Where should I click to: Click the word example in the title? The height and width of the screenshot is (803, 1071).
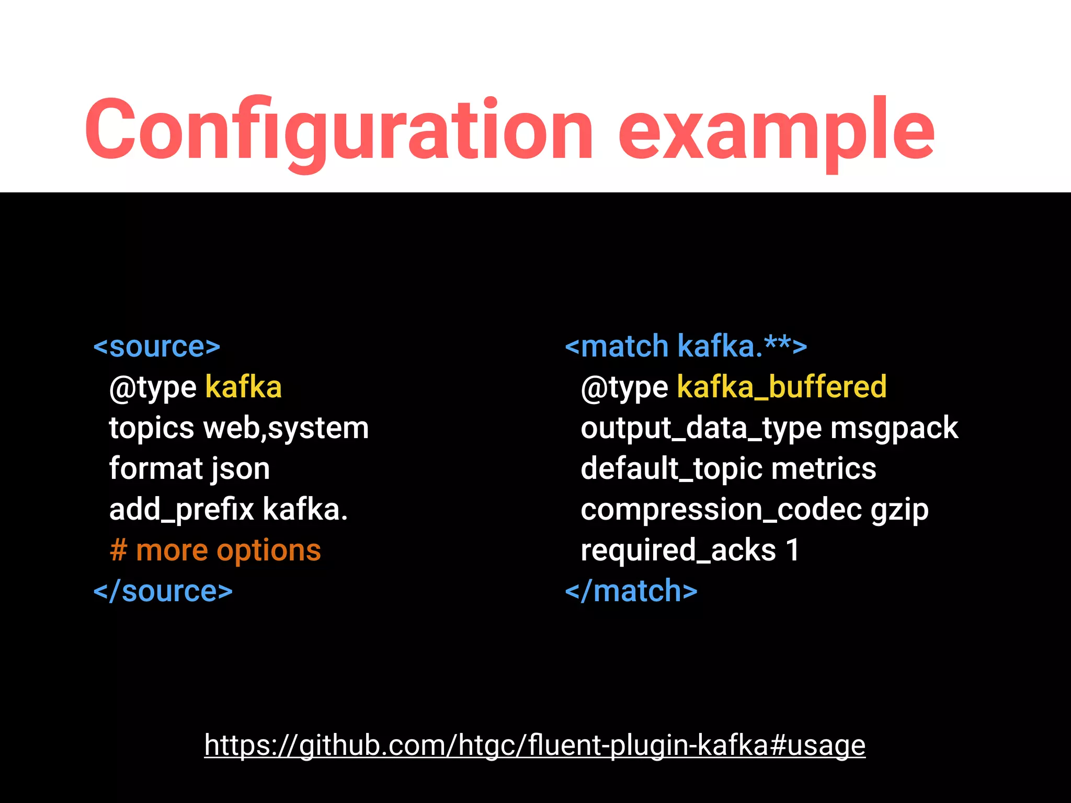pos(776,131)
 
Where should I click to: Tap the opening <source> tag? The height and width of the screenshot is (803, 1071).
pos(157,347)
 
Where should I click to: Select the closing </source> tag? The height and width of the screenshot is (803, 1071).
pos(163,592)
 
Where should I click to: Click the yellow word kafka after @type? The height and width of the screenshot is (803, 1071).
pos(243,387)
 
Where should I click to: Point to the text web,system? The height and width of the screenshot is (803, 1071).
pos(286,429)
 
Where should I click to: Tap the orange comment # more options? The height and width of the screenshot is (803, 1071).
pos(215,550)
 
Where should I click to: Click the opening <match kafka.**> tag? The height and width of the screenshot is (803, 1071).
pos(686,347)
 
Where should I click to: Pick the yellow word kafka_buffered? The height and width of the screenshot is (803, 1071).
pos(781,387)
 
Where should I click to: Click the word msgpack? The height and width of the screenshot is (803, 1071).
pos(894,429)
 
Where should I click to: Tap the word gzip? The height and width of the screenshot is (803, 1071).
pos(899,510)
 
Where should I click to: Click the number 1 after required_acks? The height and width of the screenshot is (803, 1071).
pos(793,550)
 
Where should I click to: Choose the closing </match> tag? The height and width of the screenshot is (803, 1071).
pos(631,592)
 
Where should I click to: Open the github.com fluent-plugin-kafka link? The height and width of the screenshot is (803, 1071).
pos(534,745)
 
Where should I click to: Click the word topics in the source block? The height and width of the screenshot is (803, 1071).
pos(152,429)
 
